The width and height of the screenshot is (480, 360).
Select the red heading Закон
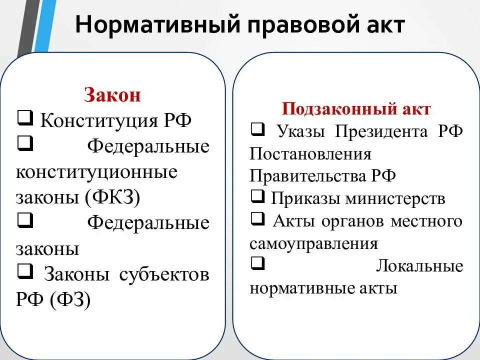pyautogui.click(x=112, y=95)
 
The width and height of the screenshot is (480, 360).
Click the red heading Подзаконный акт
pyautogui.click(x=356, y=109)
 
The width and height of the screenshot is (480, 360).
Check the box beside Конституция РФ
pyautogui.click(x=24, y=119)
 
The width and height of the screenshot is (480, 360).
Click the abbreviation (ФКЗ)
pyautogui.click(x=112, y=197)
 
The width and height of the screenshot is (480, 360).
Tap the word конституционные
pyautogui.click(x=96, y=172)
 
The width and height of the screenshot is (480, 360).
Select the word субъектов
pyautogui.click(x=164, y=274)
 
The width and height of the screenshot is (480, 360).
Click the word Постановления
pyautogui.click(x=310, y=153)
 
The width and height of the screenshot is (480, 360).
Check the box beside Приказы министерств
pyautogui.click(x=257, y=197)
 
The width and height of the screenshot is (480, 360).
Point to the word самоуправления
pyautogui.click(x=313, y=243)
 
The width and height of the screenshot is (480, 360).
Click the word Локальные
pyautogui.click(x=419, y=265)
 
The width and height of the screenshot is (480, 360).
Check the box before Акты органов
pyautogui.click(x=257, y=219)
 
